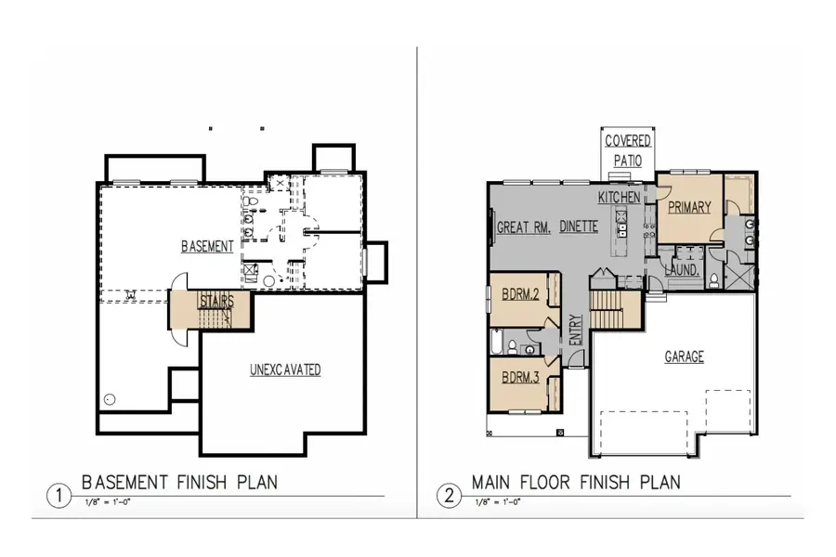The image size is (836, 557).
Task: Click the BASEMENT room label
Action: click(x=206, y=246)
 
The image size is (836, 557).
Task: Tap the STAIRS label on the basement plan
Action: click(x=216, y=302)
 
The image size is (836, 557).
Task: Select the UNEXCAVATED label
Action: click(x=285, y=369)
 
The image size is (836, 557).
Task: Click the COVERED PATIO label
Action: click(x=628, y=150)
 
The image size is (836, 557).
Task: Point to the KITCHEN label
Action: click(x=619, y=198)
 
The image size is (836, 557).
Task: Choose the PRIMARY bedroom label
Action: click(x=688, y=207)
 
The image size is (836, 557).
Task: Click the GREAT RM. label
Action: click(x=526, y=227)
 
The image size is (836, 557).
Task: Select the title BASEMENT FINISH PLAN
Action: click(x=179, y=483)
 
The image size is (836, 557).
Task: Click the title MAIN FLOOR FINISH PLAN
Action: click(x=576, y=483)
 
